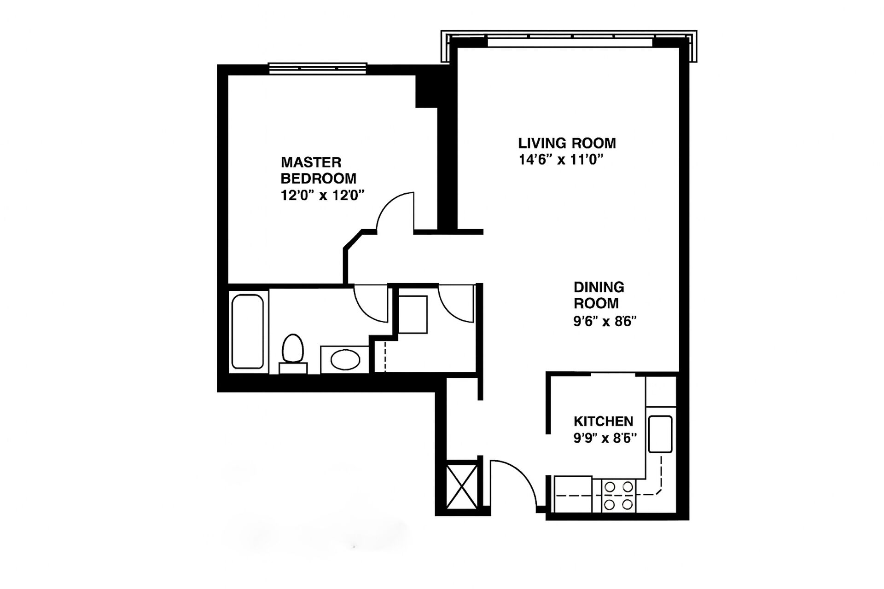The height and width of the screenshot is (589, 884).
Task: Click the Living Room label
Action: [x=567, y=143]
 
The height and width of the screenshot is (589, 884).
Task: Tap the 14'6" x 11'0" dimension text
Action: [x=561, y=160]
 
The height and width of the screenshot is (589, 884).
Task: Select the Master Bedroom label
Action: [x=319, y=170]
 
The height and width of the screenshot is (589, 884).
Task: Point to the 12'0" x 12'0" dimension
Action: [x=323, y=196]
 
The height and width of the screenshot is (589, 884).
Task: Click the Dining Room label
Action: [x=599, y=295]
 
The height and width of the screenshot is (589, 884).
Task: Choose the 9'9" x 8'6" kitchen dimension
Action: [x=605, y=438]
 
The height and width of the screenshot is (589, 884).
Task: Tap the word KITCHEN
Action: [x=603, y=421]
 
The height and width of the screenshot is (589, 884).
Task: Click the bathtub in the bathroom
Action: [x=248, y=331]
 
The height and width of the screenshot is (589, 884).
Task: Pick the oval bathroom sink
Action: [x=346, y=360]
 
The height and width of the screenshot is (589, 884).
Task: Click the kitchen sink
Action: [x=660, y=434]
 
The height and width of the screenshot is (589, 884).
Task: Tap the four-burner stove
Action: [x=618, y=495]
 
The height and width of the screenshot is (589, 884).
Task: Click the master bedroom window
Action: [x=318, y=69]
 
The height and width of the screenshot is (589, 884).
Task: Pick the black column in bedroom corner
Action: [x=426, y=91]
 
